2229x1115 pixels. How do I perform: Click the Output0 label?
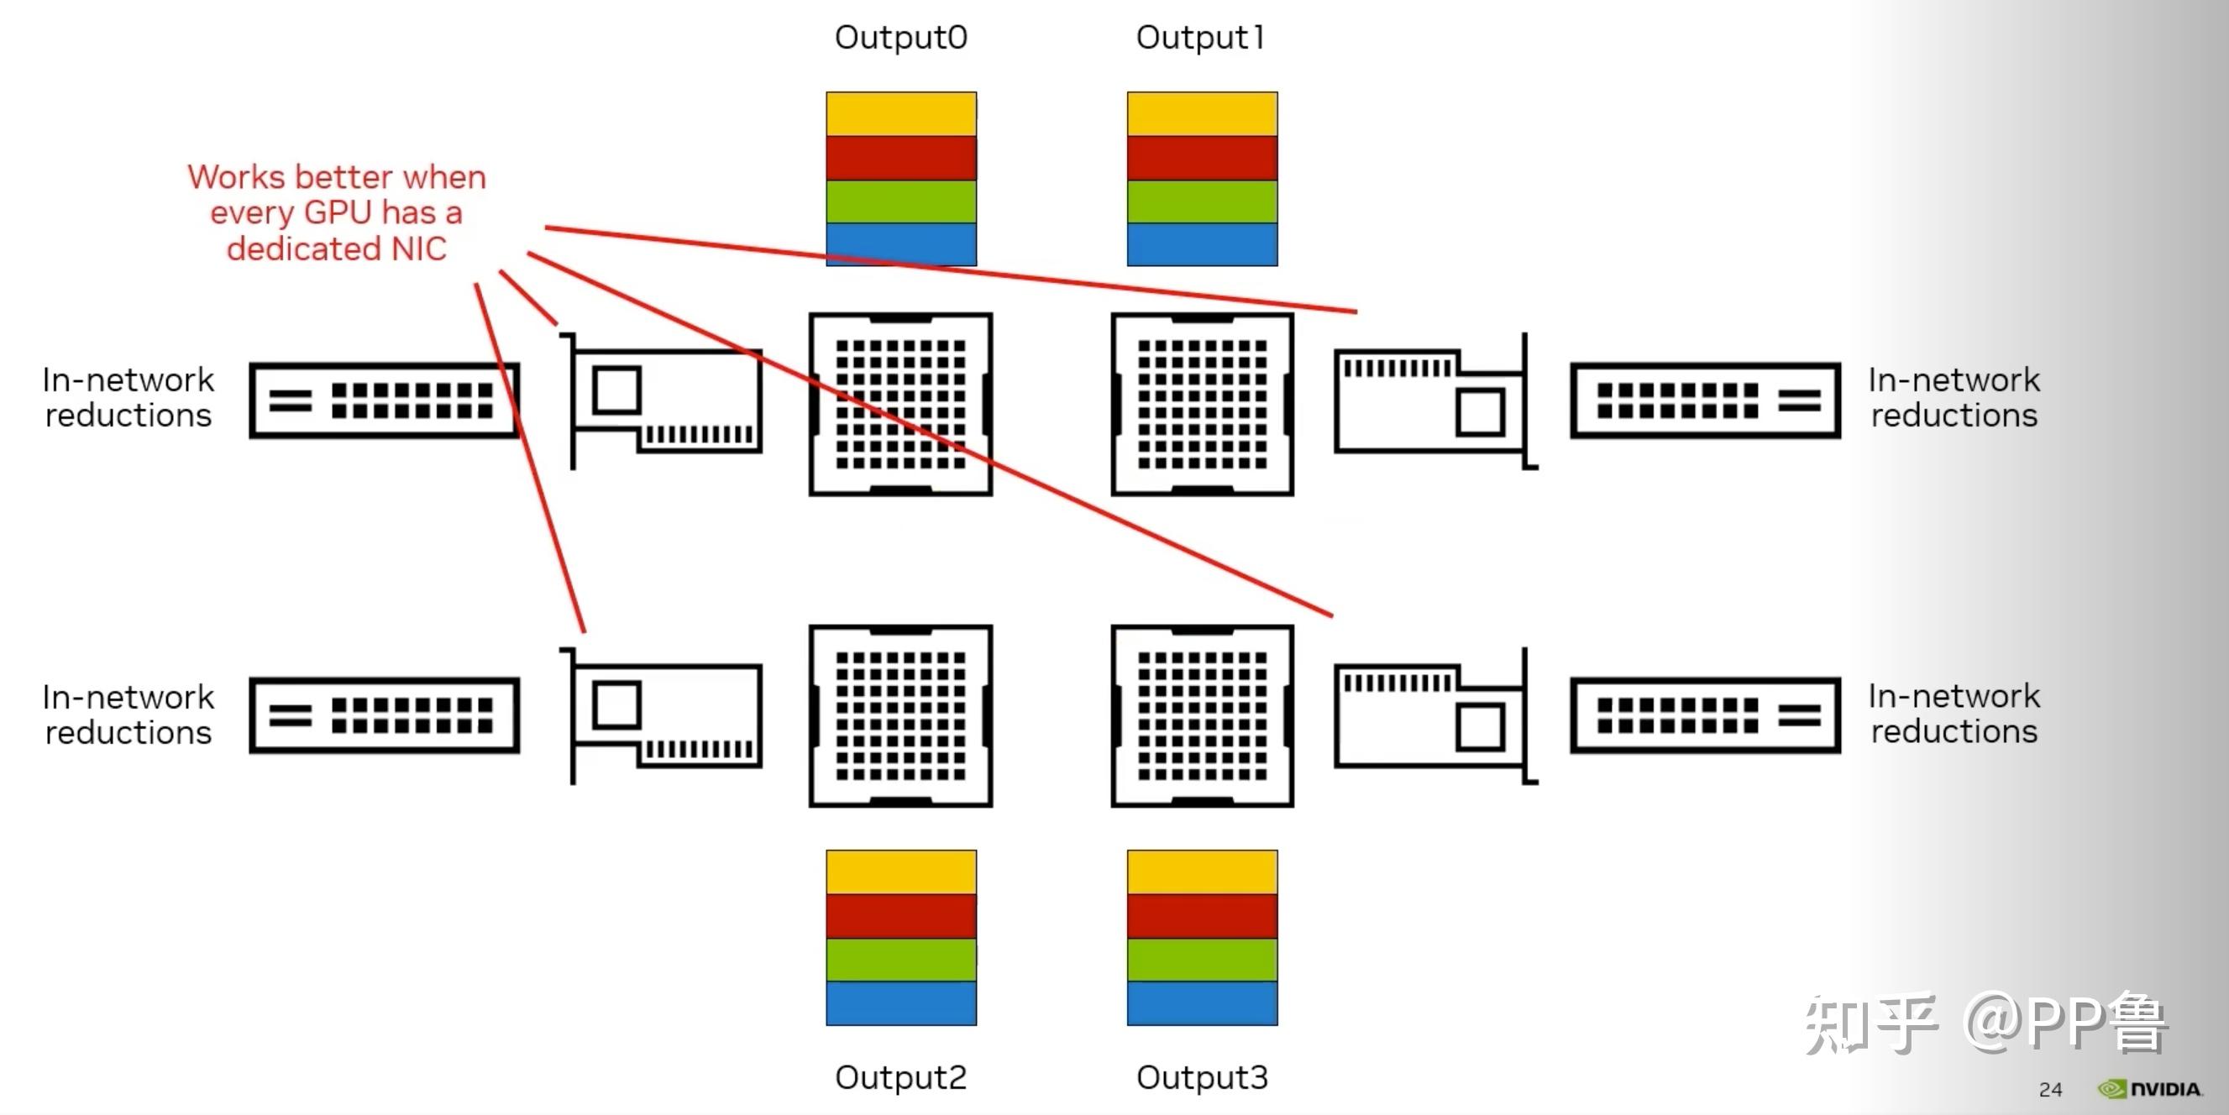(x=901, y=38)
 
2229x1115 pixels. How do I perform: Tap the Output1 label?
(x=1201, y=38)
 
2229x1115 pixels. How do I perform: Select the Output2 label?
(x=901, y=1078)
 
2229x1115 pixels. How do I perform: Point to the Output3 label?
(x=1202, y=1078)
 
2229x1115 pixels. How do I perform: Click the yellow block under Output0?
(x=901, y=114)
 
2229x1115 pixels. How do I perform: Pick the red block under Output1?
(x=1202, y=158)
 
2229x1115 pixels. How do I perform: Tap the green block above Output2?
(x=901, y=960)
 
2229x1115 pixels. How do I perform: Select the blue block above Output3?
(x=1202, y=1003)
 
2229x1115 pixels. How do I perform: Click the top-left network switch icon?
(x=384, y=400)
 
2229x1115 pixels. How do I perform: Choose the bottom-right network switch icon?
(x=1706, y=715)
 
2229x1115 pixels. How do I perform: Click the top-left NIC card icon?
(x=662, y=400)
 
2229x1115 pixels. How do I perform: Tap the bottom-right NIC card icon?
(x=1436, y=715)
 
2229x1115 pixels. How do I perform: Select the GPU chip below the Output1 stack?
(x=1203, y=404)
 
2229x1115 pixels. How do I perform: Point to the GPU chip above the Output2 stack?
(x=901, y=716)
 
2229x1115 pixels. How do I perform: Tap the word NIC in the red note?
(x=419, y=249)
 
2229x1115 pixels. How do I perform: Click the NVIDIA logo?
(x=2149, y=1089)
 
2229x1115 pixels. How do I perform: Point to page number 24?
(x=2050, y=1090)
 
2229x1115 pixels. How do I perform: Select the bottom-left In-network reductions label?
(x=128, y=715)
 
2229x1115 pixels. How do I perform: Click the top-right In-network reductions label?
(x=1954, y=398)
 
